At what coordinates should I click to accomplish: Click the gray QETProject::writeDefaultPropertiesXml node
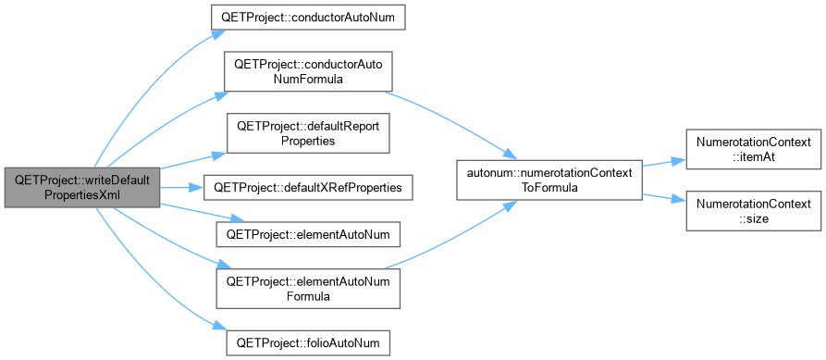[x=81, y=188]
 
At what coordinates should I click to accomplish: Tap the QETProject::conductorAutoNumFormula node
[x=308, y=71]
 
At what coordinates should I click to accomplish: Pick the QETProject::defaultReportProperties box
[x=308, y=133]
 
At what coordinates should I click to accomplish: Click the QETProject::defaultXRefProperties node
[x=308, y=188]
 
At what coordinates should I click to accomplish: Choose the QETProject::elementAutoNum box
[x=308, y=234]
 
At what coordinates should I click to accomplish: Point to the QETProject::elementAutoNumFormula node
[x=308, y=289]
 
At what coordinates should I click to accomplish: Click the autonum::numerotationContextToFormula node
[x=549, y=180]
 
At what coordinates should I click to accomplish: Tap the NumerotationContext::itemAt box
[x=753, y=149]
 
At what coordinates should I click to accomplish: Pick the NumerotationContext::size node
[x=753, y=211]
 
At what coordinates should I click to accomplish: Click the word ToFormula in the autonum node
[x=549, y=189]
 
